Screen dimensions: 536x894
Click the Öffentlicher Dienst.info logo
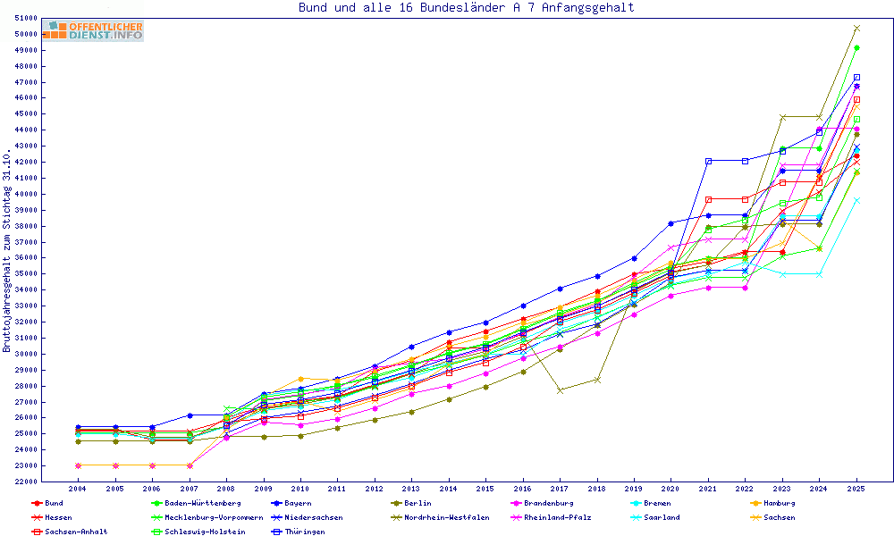pos(93,31)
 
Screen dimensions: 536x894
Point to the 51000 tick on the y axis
pos(26,19)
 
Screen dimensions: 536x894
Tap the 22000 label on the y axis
pos(26,482)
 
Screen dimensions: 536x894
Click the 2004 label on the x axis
pos(78,490)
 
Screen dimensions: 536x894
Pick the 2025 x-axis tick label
pos(856,490)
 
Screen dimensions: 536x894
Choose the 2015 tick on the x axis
pos(485,490)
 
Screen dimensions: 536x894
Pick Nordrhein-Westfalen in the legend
pos(446,517)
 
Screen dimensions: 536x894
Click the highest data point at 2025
pos(856,29)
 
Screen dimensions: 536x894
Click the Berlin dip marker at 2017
pos(560,390)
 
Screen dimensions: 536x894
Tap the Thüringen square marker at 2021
pos(708,161)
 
